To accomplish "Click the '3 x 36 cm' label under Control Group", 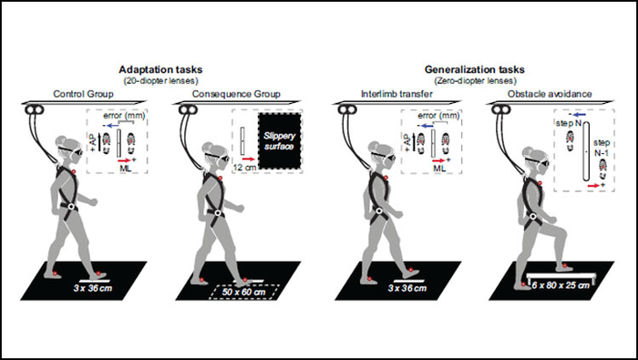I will (x=106, y=286).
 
